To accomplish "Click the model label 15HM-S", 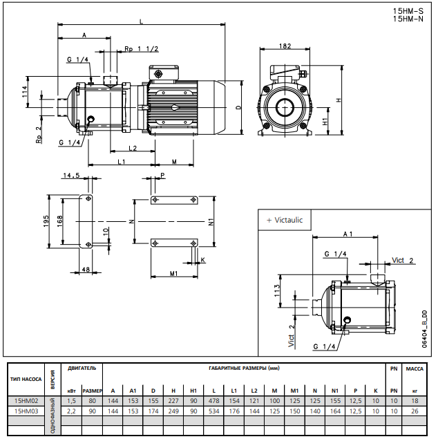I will [x=408, y=10].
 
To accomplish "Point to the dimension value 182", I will [x=285, y=46].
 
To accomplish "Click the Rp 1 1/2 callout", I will [x=142, y=49].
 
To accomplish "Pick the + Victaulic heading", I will [x=284, y=220].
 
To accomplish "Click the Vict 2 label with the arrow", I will [x=403, y=260].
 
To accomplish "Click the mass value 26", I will [x=415, y=411].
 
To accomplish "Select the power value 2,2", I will [x=72, y=411].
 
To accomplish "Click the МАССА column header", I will [x=415, y=368].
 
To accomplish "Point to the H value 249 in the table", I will [x=173, y=411].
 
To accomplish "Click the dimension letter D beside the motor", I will [x=238, y=108].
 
